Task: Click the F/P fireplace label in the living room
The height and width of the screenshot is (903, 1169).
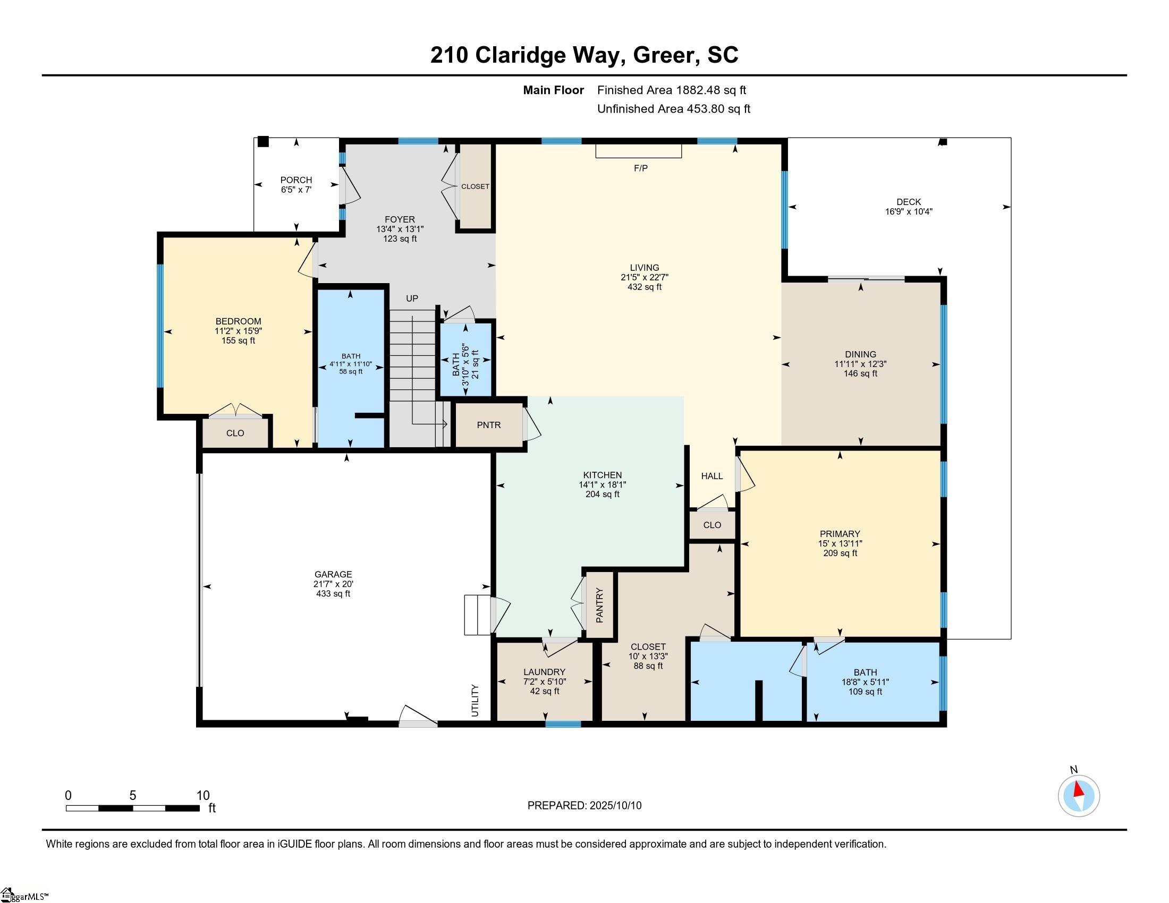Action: coord(640,168)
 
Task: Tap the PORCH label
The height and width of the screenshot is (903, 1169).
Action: coord(296,180)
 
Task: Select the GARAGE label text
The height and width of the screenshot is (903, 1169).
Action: coord(333,574)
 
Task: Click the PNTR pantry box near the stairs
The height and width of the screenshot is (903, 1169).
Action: coord(489,425)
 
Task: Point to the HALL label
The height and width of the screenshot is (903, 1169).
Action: coord(712,475)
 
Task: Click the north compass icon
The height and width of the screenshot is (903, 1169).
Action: coord(1079,796)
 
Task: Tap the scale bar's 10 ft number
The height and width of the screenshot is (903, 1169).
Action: coord(203,795)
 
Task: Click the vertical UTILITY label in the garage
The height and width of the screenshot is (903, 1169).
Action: coord(475,700)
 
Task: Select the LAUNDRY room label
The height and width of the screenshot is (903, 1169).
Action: coord(544,672)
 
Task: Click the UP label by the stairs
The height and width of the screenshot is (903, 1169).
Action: coord(412,298)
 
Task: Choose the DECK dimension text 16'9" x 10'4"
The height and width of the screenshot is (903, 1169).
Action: coord(908,211)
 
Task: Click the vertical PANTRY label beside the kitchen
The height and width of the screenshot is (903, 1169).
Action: coord(599,605)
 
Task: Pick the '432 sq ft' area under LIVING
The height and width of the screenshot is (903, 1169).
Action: coord(645,287)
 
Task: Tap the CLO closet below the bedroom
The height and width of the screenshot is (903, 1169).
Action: coord(235,433)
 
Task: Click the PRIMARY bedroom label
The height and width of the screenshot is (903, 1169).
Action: coord(840,533)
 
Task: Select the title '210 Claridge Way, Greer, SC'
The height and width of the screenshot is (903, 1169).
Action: coord(584,55)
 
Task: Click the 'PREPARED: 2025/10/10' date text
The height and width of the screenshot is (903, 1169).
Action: coord(584,805)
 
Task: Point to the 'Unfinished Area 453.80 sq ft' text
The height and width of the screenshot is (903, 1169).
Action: coord(673,108)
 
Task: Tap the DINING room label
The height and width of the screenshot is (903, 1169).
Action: coord(860,354)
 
